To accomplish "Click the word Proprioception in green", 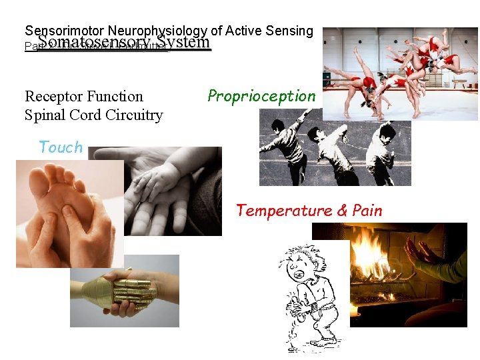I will point(261,96).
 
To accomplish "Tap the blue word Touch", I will point(61,147).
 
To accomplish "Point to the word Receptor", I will point(53,97).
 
